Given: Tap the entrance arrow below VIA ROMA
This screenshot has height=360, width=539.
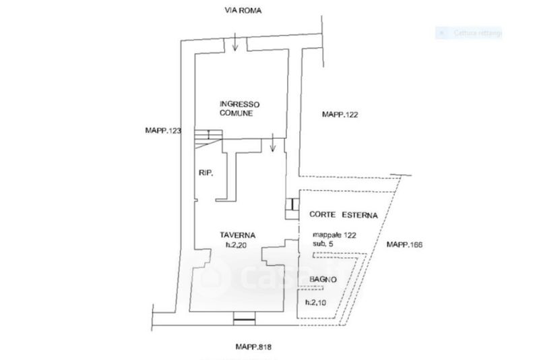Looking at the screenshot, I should pos(233,43).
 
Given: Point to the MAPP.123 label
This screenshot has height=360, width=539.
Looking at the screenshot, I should pos(164,130).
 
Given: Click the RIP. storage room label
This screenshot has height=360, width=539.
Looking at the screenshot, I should pos(206,174).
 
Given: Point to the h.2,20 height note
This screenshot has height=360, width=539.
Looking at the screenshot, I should pos(237,245).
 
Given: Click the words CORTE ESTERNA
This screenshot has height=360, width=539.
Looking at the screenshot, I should pos(343,214).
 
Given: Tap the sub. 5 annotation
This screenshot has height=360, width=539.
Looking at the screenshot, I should pos(326,244).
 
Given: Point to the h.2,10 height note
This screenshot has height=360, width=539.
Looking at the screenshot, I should pos(316,302).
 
